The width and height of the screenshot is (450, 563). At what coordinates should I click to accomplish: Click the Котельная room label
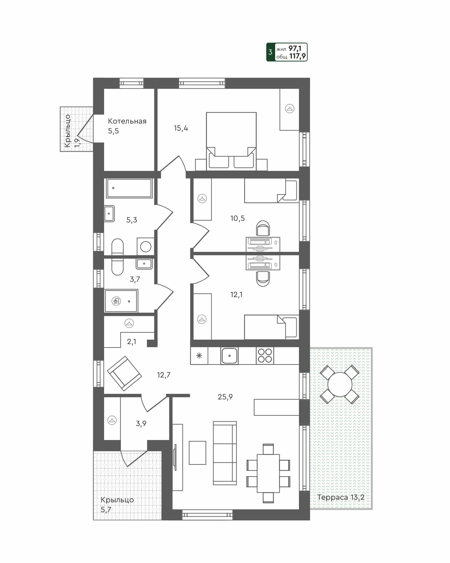coord(127,121)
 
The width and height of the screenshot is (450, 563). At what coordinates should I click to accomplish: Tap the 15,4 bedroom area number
coord(181,128)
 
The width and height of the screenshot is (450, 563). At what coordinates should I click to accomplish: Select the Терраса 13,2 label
coord(341,497)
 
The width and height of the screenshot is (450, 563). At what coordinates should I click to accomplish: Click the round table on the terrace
coord(340,384)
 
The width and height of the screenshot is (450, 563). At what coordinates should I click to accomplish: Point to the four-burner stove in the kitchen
coord(265,356)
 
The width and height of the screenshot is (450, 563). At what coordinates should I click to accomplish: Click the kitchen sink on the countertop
coord(229,356)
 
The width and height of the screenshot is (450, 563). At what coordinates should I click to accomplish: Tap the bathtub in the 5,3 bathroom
coord(129,188)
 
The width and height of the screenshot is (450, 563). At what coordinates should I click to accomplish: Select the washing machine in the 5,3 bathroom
coord(146,247)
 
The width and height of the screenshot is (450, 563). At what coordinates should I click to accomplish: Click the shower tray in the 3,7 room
coord(121,301)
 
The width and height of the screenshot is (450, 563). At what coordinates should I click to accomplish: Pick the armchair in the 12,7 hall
coord(124,373)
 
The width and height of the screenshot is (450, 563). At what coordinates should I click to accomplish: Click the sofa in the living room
coord(225,453)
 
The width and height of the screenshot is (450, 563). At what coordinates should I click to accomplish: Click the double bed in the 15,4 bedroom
coord(231,140)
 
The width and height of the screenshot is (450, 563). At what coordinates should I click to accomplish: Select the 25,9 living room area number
coord(225,397)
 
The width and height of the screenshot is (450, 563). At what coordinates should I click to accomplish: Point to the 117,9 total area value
coord(297,57)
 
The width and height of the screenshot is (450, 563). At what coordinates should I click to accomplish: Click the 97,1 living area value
coord(295,49)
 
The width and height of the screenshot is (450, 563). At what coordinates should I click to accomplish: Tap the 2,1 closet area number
coord(131,342)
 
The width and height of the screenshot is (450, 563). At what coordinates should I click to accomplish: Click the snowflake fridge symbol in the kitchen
coord(199,356)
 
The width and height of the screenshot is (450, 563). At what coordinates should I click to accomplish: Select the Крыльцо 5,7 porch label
coord(117,505)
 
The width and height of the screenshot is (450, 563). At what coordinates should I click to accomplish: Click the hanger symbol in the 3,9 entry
coord(112,420)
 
